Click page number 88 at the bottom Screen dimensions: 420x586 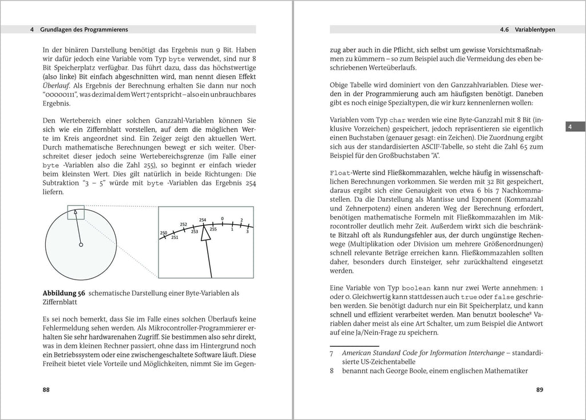[47, 390]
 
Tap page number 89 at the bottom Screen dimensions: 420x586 [539, 390]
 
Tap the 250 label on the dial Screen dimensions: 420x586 [163, 232]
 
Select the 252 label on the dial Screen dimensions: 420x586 [183, 224]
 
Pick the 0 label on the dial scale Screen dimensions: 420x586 [222, 218]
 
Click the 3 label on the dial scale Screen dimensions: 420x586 [247, 231]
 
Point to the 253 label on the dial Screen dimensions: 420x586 [194, 231]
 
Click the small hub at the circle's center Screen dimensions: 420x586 [81, 245]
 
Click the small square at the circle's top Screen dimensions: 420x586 [76, 212]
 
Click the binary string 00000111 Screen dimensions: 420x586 [61, 95]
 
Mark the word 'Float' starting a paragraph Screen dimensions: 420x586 [341, 173]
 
